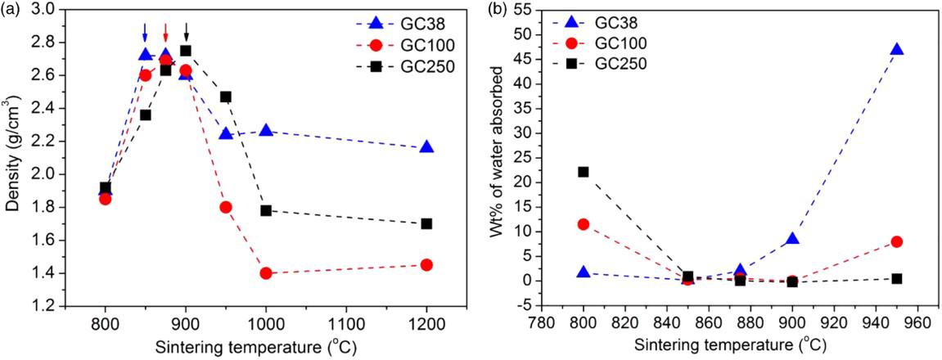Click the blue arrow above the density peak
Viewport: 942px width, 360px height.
145,32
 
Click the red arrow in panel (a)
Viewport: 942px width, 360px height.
165,32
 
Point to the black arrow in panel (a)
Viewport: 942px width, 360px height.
186,32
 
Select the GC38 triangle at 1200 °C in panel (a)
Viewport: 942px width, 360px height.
426,147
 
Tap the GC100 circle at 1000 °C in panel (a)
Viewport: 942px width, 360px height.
266,273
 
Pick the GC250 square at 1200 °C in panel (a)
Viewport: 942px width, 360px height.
426,223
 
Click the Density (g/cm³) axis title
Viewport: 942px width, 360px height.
13,155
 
